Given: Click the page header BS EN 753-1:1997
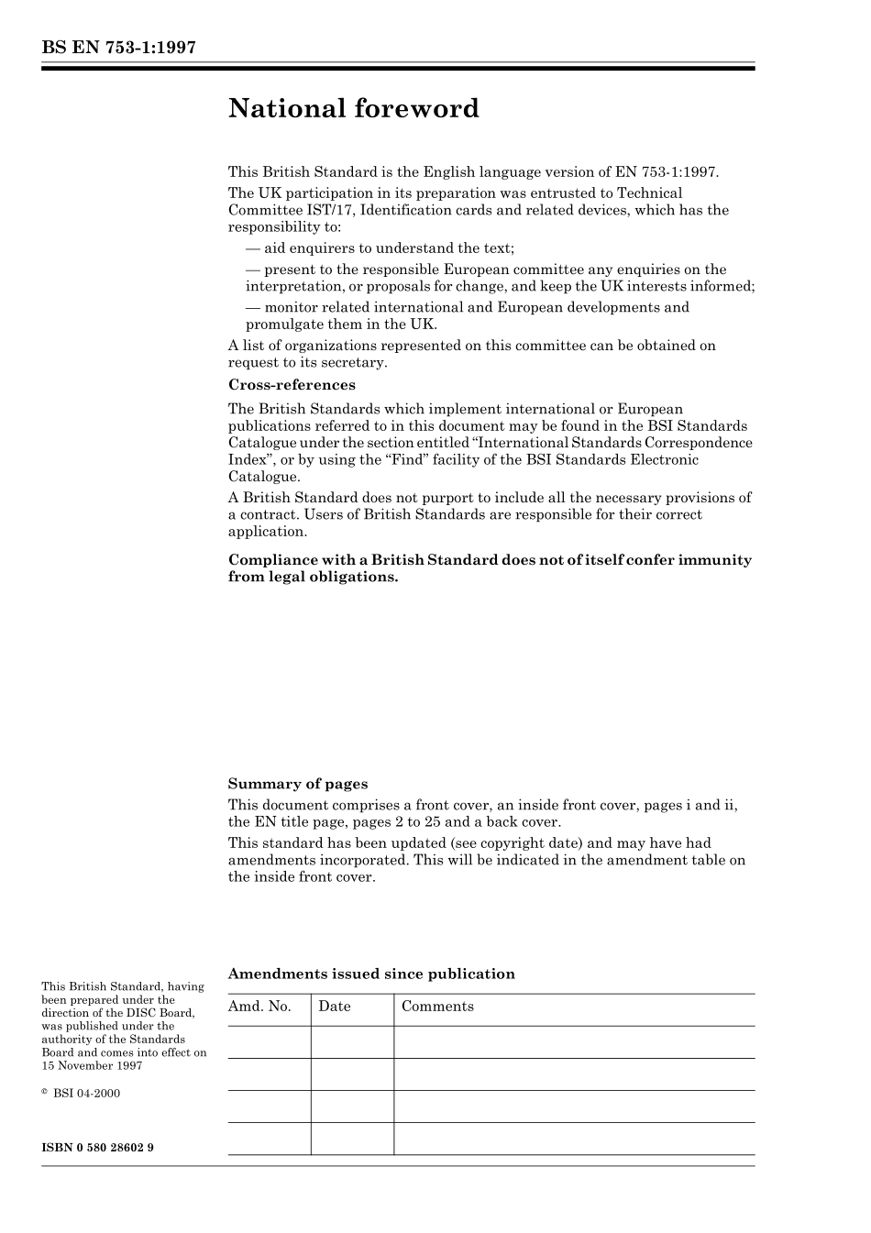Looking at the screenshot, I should pyautogui.click(x=118, y=49).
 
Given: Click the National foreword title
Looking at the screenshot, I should pyautogui.click(x=353, y=109).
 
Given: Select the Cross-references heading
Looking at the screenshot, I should pyautogui.click(x=292, y=385).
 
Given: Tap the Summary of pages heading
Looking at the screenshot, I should pyautogui.click(x=297, y=784).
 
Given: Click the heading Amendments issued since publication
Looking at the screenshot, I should pyautogui.click(x=370, y=974).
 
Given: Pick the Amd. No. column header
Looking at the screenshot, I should pyautogui.click(x=259, y=1007).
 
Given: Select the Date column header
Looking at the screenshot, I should pyautogui.click(x=335, y=1007).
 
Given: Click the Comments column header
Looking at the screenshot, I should pyautogui.click(x=437, y=1007).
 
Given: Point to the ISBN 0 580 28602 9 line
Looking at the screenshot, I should pyautogui.click(x=97, y=1148).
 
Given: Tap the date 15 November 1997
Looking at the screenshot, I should pyautogui.click(x=91, y=1066).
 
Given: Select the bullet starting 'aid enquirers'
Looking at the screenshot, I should pyautogui.click(x=380, y=248).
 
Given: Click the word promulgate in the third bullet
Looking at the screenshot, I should pyautogui.click(x=281, y=325).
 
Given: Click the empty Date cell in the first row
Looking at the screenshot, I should pyautogui.click(x=352, y=1042).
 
